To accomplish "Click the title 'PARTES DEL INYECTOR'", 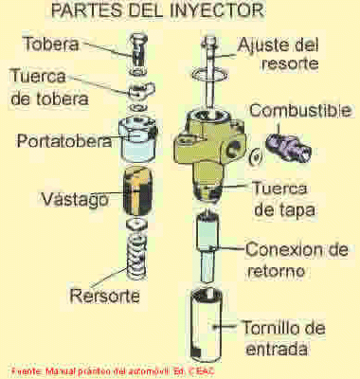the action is click(157, 10).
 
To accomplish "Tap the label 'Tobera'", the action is click(51, 44).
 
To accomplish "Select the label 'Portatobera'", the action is click(64, 141).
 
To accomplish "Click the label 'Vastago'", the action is click(75, 199).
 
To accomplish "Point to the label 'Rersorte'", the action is click(104, 296).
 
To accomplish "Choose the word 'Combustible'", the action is click(300, 110).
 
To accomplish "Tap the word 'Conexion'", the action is click(283, 249).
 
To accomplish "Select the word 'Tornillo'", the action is click(269, 328).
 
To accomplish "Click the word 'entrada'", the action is click(277, 349).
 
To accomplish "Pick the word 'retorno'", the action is click(277, 271).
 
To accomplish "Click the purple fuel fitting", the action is click(288, 147).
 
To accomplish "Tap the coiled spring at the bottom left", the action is click(136, 257).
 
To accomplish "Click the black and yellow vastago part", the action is click(137, 192).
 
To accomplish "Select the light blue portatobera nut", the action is click(138, 139).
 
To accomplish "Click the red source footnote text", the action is click(113, 370).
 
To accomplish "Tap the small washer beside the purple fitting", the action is click(255, 156).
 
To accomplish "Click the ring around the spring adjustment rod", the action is click(210, 75).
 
